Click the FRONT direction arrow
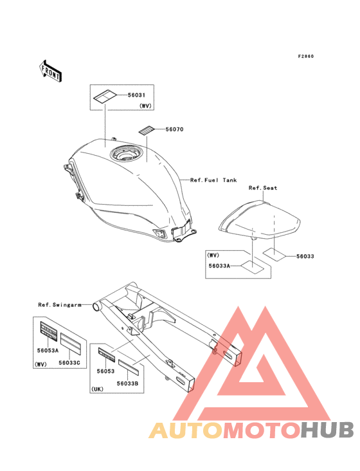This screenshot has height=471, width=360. click(x=50, y=71)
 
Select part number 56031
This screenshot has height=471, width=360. click(x=136, y=95)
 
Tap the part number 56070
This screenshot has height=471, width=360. click(x=174, y=129)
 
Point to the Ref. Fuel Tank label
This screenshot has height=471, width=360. click(x=213, y=180)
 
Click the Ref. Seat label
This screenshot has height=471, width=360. click(x=263, y=188)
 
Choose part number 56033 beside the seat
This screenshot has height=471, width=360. click(x=305, y=256)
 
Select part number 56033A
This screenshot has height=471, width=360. click(x=219, y=266)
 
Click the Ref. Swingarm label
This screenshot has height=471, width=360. click(x=60, y=305)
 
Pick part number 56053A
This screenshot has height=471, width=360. click(x=48, y=350)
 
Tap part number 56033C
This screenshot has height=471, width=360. click(x=69, y=362)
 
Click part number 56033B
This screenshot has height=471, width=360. click(x=127, y=383)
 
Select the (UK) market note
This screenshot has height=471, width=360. click(x=97, y=389)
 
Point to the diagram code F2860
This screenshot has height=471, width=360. click(x=306, y=56)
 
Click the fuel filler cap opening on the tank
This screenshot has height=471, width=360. click(x=125, y=154)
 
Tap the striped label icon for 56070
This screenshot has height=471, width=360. click(x=146, y=131)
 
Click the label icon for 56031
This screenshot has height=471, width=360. click(x=104, y=97)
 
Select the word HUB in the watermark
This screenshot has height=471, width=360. click(x=327, y=430)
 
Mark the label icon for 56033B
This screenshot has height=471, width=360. click(x=129, y=367)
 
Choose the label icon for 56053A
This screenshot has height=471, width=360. click(x=49, y=331)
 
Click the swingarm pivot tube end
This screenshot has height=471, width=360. click(x=97, y=307)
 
